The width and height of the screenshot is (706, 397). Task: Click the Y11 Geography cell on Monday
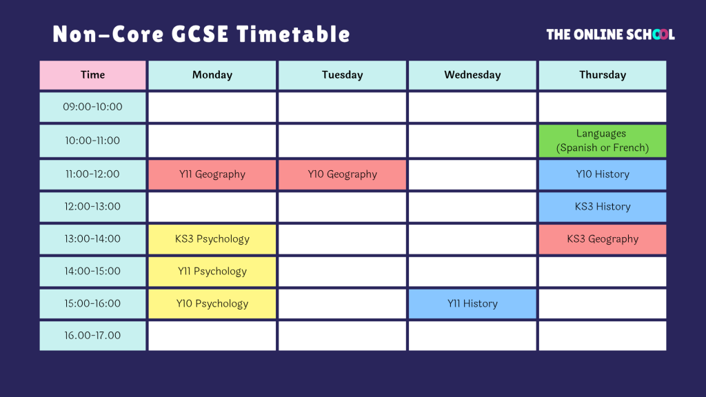pyautogui.click(x=212, y=174)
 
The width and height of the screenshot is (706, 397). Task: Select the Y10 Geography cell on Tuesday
pyautogui.click(x=342, y=174)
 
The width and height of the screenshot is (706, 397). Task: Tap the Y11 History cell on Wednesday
pyautogui.click(x=472, y=304)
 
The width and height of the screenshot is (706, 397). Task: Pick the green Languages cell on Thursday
pyautogui.click(x=603, y=141)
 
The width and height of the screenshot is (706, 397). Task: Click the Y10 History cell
pyautogui.click(x=603, y=174)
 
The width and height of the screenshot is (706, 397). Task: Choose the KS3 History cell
pyautogui.click(x=603, y=207)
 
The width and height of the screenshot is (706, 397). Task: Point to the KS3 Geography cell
pyautogui.click(x=603, y=239)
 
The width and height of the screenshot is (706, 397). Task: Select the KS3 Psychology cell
pyautogui.click(x=212, y=239)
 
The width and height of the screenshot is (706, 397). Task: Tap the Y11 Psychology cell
pyautogui.click(x=212, y=272)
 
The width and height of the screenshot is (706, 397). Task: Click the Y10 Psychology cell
pyautogui.click(x=212, y=304)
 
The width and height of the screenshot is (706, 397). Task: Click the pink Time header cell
pyautogui.click(x=93, y=75)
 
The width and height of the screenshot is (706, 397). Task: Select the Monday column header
pyautogui.click(x=212, y=75)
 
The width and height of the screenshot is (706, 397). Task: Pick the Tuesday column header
pyautogui.click(x=342, y=75)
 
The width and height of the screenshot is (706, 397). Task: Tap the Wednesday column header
pyautogui.click(x=472, y=75)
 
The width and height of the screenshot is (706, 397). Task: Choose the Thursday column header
pyautogui.click(x=603, y=75)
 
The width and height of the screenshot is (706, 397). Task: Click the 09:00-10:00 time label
pyautogui.click(x=93, y=107)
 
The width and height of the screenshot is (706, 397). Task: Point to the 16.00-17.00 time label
pyautogui.click(x=93, y=336)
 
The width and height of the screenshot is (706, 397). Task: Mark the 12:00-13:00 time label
pyautogui.click(x=93, y=207)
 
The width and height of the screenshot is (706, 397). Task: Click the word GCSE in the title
pyautogui.click(x=201, y=34)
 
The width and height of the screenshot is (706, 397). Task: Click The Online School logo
pyautogui.click(x=611, y=34)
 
